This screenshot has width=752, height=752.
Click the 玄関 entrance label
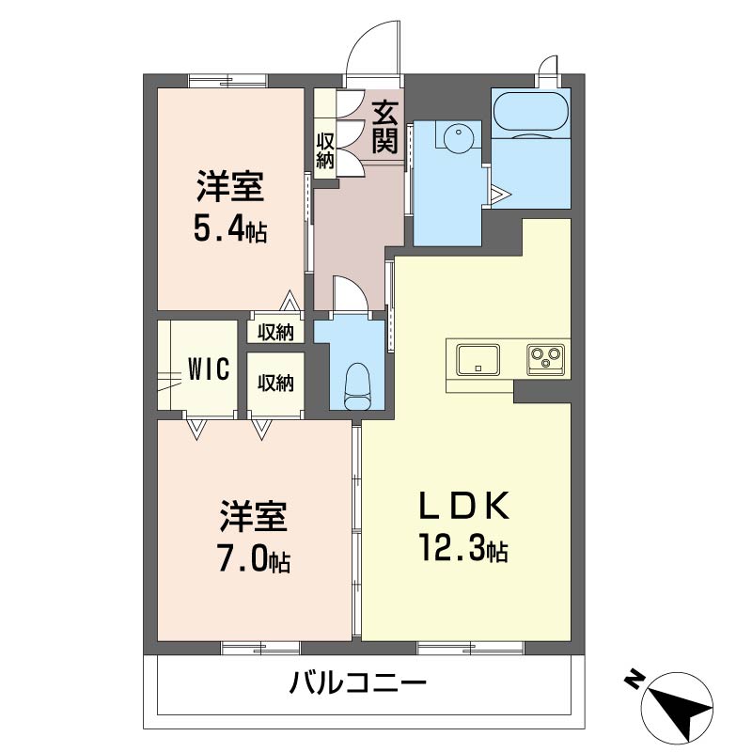[x=385, y=127]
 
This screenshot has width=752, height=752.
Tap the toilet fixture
[x=357, y=385]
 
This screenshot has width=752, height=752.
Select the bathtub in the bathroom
[x=531, y=111]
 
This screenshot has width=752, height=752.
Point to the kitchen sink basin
[x=478, y=359]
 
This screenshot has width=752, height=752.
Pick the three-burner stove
[x=546, y=359]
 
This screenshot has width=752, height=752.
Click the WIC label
[x=209, y=368]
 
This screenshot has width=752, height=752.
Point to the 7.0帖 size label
[x=254, y=558]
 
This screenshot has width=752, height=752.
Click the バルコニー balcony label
[x=357, y=681]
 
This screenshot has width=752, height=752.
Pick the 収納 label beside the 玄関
[x=324, y=150]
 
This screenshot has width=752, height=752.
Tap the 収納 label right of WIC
[x=275, y=383]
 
